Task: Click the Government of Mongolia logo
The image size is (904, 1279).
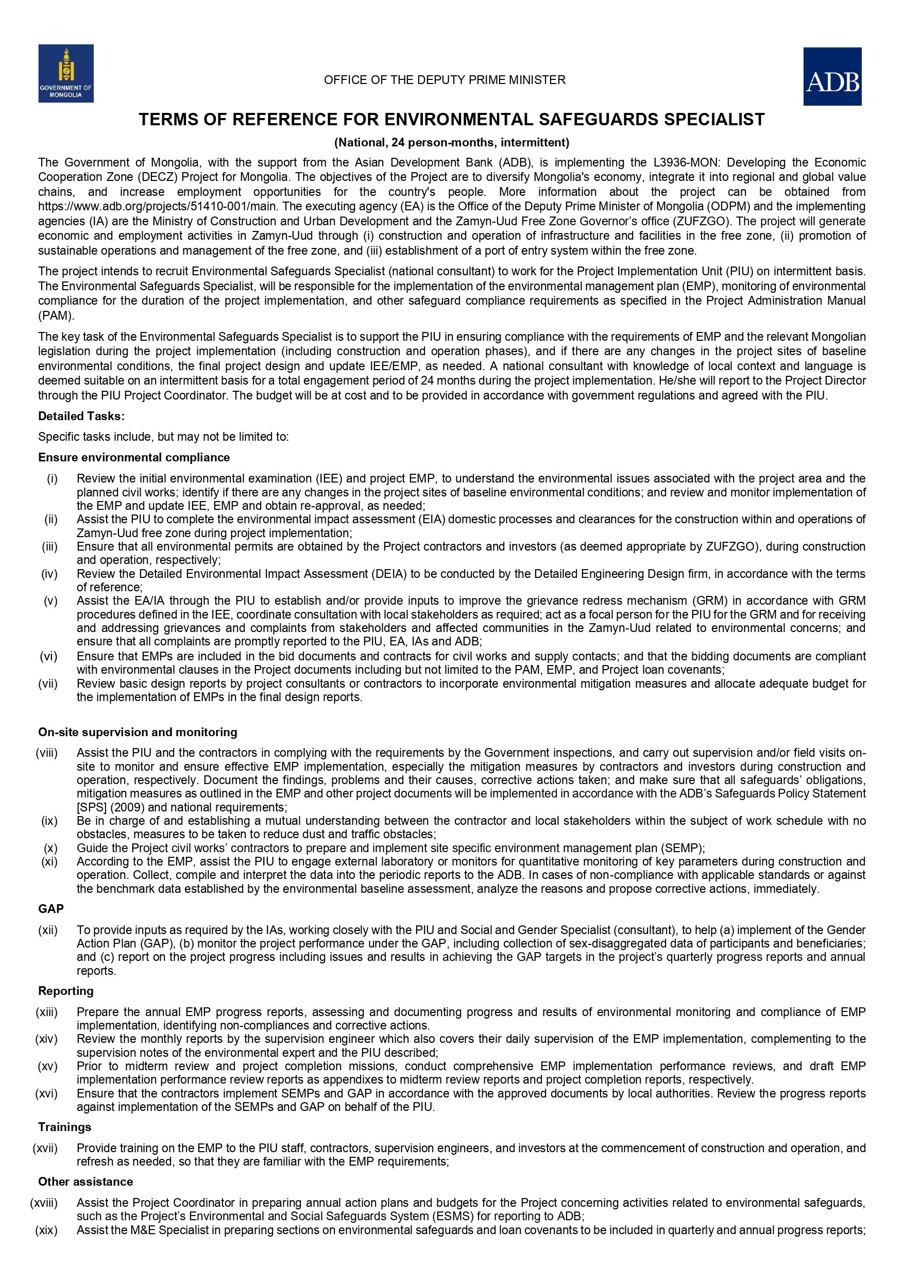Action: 66,74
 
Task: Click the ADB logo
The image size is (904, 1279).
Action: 832,77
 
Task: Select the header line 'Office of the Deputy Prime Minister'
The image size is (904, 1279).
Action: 444,80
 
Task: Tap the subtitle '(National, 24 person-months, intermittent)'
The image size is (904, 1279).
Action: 451,143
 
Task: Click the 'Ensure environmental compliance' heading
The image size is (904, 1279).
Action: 133,457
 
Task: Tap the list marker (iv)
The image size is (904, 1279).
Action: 49,574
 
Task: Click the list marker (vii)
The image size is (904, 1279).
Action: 48,684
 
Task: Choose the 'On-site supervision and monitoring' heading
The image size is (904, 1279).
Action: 138,732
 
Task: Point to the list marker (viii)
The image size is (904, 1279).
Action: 47,753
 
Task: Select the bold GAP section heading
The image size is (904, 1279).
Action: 50,909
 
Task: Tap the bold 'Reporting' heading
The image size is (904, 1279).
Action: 66,991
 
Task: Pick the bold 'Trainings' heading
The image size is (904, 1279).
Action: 64,1127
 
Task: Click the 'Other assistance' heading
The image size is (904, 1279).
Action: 85,1182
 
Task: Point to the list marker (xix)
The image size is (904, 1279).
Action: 47,1230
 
